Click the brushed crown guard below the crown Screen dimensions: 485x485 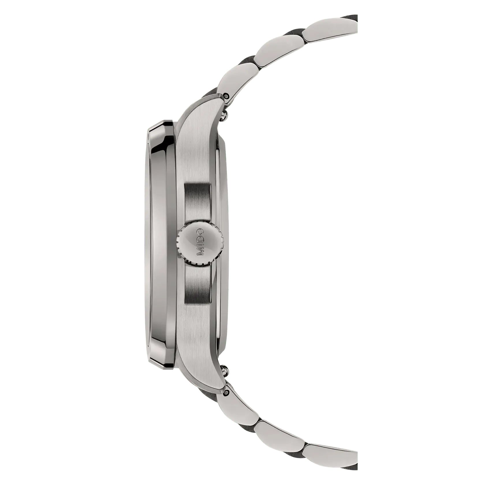(197, 284)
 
